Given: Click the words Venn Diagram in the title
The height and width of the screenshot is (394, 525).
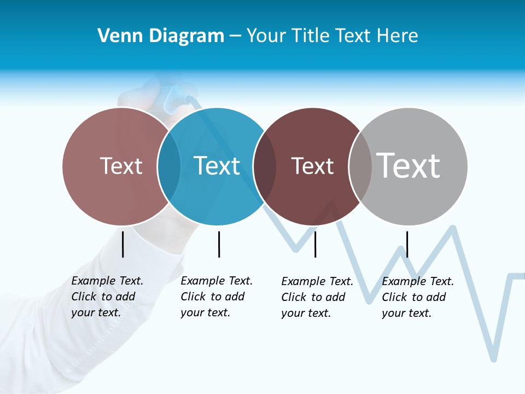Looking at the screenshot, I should [161, 36].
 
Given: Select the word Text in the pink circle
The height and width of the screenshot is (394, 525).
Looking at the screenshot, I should [121, 166].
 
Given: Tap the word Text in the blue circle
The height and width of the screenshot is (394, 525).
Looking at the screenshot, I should [217, 166].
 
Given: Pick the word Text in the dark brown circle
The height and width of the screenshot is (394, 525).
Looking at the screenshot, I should [312, 166].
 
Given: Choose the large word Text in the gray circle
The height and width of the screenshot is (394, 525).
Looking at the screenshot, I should [409, 165].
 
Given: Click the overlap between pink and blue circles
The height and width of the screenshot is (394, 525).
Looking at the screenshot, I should [169, 166].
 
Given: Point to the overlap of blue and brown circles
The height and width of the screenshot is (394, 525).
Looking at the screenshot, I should [265, 166].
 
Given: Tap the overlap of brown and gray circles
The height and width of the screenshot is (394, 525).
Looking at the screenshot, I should [360, 166].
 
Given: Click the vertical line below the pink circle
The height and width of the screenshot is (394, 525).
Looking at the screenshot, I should [122, 244].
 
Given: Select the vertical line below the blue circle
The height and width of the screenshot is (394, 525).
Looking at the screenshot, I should [219, 244].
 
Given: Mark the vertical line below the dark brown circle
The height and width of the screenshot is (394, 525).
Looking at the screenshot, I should [315, 244].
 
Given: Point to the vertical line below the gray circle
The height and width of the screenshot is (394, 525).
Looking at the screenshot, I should [407, 244].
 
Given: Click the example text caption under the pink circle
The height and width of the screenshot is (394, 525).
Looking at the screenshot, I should [107, 297].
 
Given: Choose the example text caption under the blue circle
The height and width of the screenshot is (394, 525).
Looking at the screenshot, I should [216, 297].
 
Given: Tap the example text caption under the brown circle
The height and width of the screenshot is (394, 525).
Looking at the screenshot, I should [317, 297].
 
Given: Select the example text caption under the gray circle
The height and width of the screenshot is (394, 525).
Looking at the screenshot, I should [417, 297].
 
